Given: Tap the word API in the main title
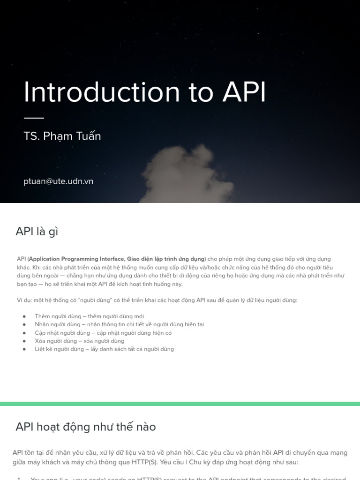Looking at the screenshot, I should pos(244,92).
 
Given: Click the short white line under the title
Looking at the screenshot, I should pos(34,118).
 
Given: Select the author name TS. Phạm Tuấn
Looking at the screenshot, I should pos(62,136).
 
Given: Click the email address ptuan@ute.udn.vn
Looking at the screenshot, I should pos(58,181).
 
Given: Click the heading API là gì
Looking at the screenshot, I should pos(37,232).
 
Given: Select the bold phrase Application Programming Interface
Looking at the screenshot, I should pos(77,259).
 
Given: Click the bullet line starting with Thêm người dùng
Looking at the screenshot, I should pos(89,316).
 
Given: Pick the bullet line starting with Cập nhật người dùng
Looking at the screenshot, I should pos(103,333).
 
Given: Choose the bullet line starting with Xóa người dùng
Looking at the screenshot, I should pos(79,341).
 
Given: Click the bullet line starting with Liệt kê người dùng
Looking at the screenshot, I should pos(104,349).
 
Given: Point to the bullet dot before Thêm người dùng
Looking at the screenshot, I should pos(24,316).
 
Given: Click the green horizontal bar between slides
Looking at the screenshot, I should pos(180,404).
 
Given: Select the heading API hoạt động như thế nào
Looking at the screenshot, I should pos(85,427).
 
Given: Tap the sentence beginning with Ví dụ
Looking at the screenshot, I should pos(157,300).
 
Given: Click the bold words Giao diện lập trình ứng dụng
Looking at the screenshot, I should pos(166,259).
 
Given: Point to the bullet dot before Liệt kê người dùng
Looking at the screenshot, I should pos(24,349).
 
